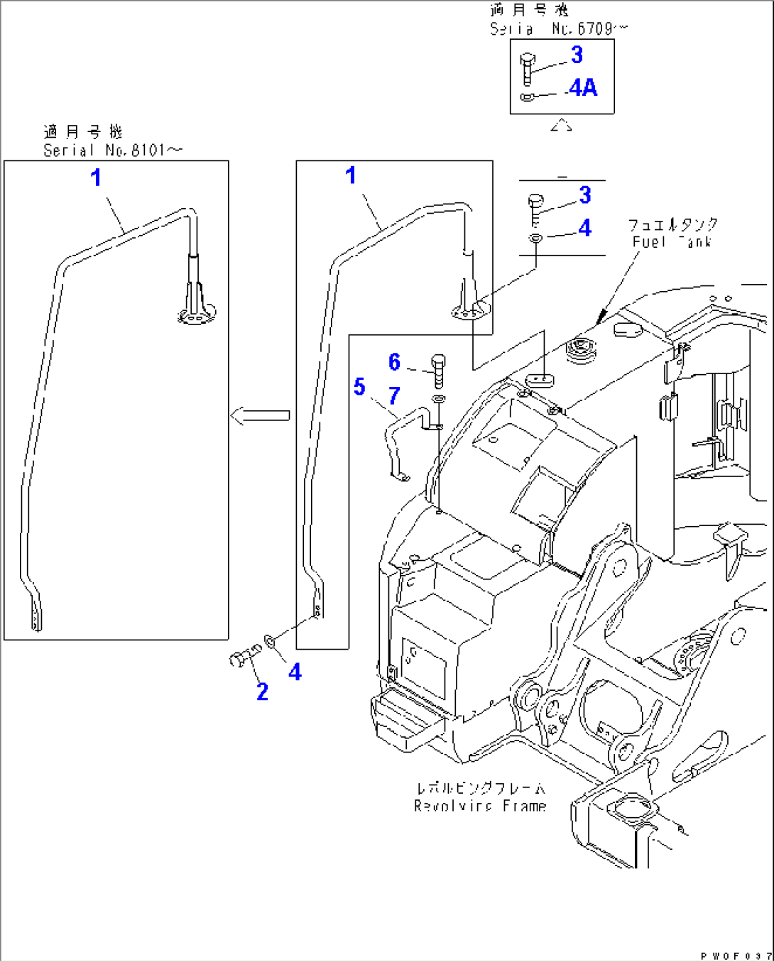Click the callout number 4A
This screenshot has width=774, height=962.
click(x=583, y=88)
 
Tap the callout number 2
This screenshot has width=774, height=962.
click(x=262, y=691)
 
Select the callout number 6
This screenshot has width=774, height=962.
click(x=395, y=362)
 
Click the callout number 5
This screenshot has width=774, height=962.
click(x=359, y=387)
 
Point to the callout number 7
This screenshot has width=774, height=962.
click(x=394, y=395)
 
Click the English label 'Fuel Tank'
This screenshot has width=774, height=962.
click(x=672, y=242)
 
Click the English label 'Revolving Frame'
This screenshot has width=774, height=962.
click(x=480, y=806)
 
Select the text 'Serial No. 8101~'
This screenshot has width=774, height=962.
click(x=112, y=151)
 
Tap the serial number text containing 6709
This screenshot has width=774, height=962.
click(x=559, y=29)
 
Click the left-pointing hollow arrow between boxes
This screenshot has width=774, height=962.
click(x=260, y=415)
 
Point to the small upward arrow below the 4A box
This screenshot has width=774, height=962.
click(x=561, y=126)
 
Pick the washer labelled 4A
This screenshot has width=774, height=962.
click(x=527, y=97)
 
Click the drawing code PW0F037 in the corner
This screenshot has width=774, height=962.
click(x=736, y=956)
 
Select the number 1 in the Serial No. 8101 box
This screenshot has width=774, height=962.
click(x=96, y=177)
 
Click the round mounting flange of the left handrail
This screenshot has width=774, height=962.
click(x=197, y=315)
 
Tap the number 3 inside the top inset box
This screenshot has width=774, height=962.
click(x=577, y=55)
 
